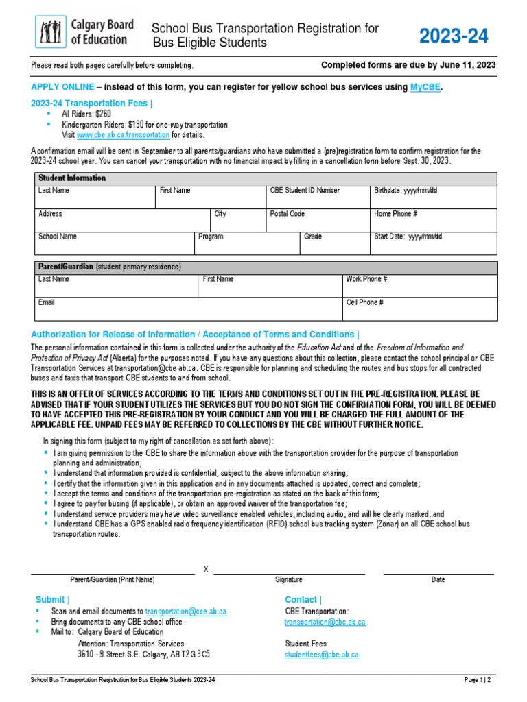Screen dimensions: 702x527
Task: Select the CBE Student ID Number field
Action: (x=317, y=197)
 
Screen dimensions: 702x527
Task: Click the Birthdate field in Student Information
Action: (x=433, y=197)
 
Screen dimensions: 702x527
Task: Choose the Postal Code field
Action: (x=317, y=220)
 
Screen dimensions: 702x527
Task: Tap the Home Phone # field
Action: (x=433, y=220)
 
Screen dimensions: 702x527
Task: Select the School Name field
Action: (x=115, y=243)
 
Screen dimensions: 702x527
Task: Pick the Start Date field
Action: (x=433, y=243)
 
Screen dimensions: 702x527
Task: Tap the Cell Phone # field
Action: (x=420, y=309)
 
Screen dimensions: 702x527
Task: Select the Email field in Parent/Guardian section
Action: (x=189, y=309)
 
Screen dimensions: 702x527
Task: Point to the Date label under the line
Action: (x=438, y=580)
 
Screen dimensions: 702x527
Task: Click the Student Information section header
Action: (x=72, y=178)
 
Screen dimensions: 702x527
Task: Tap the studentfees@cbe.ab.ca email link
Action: (x=321, y=655)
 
